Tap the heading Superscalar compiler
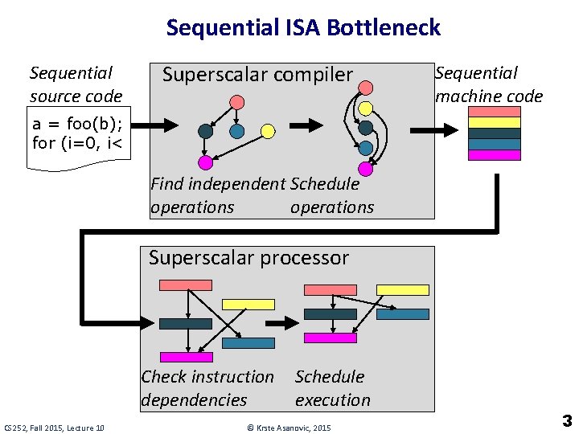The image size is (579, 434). [x=257, y=75]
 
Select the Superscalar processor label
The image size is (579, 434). [x=248, y=258]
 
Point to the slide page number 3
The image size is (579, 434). [x=567, y=420]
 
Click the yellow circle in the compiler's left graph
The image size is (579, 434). [x=268, y=131]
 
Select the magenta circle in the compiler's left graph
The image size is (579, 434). [x=205, y=162]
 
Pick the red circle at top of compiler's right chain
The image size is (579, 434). [x=365, y=88]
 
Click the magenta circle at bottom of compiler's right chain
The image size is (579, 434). [x=365, y=169]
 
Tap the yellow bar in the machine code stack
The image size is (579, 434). [x=494, y=123]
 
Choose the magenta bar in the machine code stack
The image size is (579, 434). [x=494, y=155]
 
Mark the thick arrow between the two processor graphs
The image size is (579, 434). [x=281, y=323]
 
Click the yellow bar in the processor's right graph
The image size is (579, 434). [x=403, y=289]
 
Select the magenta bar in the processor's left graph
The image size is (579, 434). [x=187, y=357]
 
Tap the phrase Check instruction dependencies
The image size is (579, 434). [x=207, y=388]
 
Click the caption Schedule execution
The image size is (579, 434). [x=332, y=388]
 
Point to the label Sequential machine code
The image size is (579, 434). [x=488, y=84]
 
